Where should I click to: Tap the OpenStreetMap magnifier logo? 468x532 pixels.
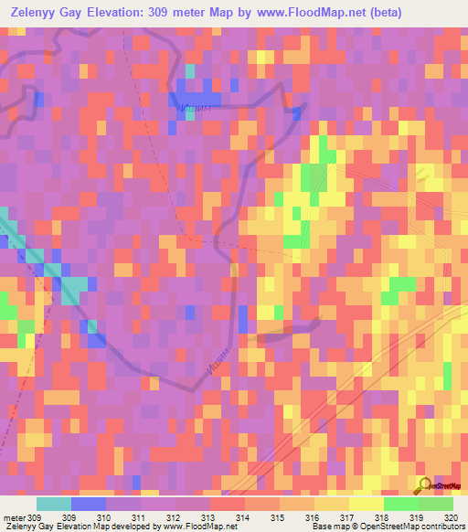pos(425,484)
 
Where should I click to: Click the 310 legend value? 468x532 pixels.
pos(114,517)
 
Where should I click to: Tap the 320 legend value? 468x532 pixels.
pos(450,517)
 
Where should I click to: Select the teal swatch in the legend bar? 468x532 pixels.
pos(53,504)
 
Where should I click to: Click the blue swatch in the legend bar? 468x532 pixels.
pos(88,504)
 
